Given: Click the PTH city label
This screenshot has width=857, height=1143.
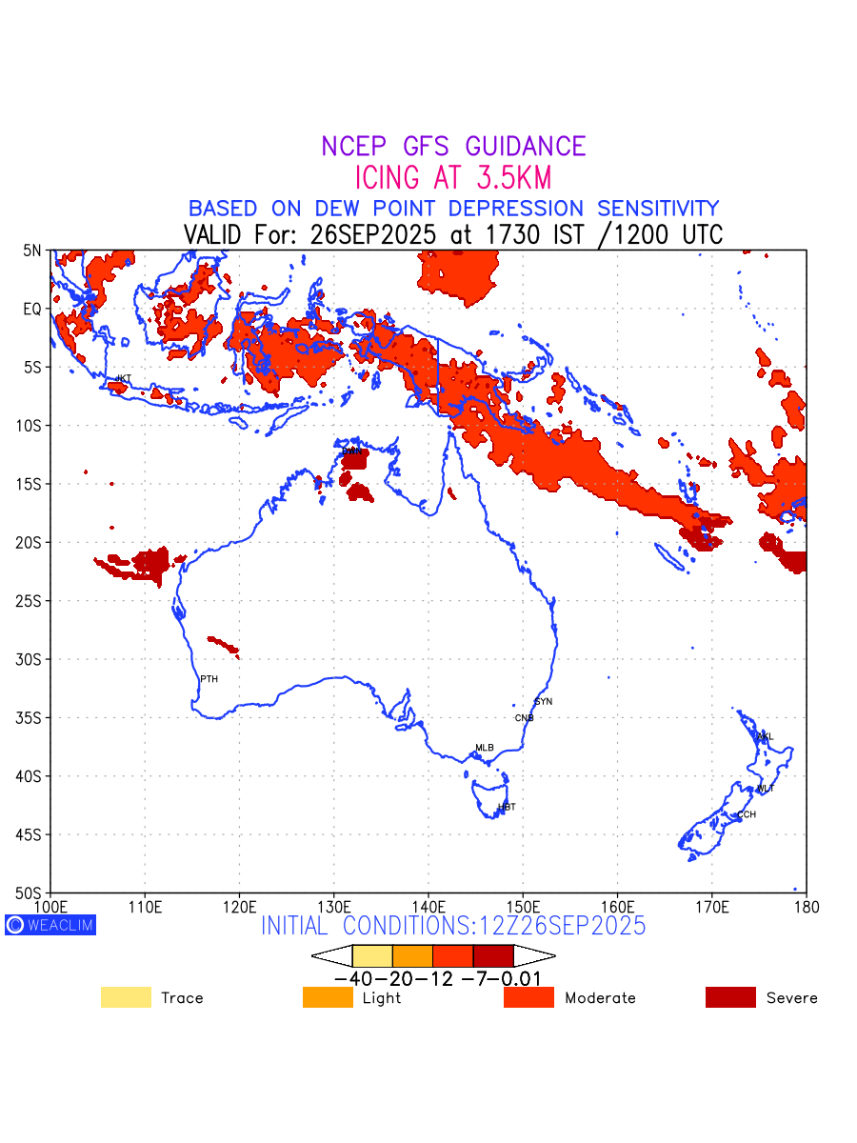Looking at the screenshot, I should click(209, 679).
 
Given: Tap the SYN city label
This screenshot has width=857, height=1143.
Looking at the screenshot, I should click(543, 702).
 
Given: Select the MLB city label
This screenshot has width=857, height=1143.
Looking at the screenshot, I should click(485, 748).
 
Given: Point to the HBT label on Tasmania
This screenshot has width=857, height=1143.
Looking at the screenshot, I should click(507, 807).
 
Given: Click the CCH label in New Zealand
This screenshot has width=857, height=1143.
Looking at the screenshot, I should click(747, 814).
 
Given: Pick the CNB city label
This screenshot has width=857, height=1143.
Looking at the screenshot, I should click(524, 718).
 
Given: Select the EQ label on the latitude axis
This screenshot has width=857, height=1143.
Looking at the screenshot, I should click(33, 309).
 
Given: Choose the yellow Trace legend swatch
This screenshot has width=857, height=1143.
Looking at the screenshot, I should click(126, 997).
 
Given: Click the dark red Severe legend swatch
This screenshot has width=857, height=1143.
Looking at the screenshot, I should click(730, 997).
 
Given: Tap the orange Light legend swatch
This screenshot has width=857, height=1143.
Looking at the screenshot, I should click(328, 997).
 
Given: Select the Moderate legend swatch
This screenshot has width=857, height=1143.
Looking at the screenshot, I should click(528, 997).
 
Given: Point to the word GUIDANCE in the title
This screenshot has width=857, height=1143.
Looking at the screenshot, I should click(525, 147).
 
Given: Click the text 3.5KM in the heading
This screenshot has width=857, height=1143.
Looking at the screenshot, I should click(504, 178).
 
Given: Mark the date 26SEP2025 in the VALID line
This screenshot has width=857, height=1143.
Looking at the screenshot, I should click(371, 234).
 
